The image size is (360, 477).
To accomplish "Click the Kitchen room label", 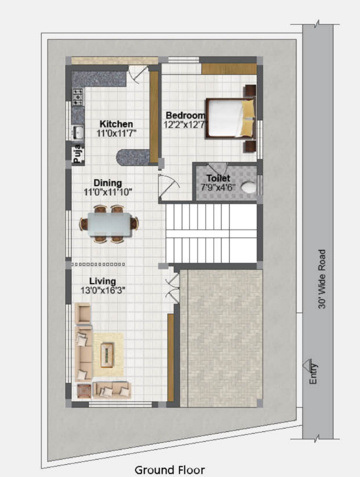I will coord(116,124).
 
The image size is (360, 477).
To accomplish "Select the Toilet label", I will coord(218,178).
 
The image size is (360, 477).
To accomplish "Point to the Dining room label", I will coord(108,183).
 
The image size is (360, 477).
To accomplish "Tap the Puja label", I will coord(77,154).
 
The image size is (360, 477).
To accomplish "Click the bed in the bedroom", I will coord(230,117).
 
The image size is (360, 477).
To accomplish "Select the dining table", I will coord(109,224).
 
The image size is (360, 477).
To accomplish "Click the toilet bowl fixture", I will coord(249,187).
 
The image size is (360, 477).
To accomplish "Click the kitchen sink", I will coord(77,133).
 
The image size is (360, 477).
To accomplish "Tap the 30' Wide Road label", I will coord(322,279).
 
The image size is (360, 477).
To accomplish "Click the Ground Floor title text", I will coord(169,470).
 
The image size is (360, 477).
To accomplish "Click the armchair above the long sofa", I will coord(84,314).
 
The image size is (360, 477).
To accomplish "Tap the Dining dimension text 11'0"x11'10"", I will coord(108,193).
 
